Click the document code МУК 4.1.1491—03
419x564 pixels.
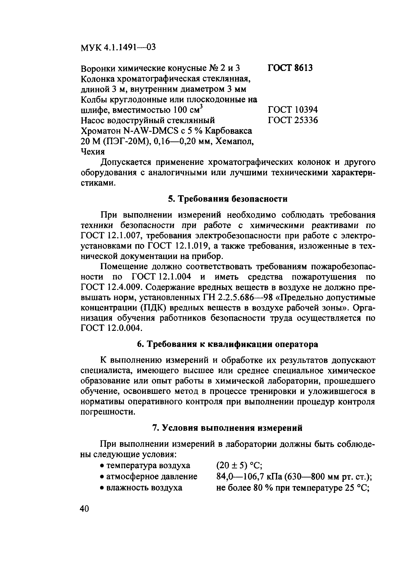tap(118, 47)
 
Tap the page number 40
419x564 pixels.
tap(85, 508)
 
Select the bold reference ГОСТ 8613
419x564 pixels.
tap(290, 68)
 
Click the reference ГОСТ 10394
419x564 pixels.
tap(293, 110)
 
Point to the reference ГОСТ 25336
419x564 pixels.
tap(293, 120)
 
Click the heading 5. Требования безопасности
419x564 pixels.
tap(228, 199)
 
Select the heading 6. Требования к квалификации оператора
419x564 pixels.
tap(227, 344)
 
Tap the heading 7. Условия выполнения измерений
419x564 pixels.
tap(227, 428)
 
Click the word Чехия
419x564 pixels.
tap(93, 152)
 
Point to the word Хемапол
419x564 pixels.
tap(235, 141)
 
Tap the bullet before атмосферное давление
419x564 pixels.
tap(102, 477)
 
